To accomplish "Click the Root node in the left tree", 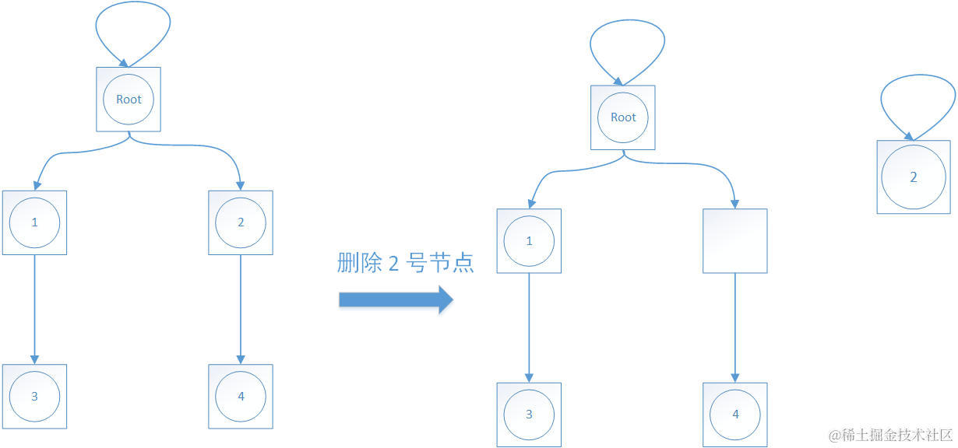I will coord(129,99).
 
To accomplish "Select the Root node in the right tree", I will coord(623,117).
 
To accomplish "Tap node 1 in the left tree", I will coord(34,222).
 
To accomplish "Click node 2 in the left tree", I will coord(241,222).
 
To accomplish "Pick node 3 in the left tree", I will coord(34,396).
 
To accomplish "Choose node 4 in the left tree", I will coord(241,396).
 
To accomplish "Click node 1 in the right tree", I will coord(529,241).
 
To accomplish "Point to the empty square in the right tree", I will coord(735,241).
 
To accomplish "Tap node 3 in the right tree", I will coord(529,415).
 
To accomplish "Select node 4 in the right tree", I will coord(735,415).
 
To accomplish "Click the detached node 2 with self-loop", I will coord(914,177).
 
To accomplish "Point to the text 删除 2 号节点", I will coord(405,263).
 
